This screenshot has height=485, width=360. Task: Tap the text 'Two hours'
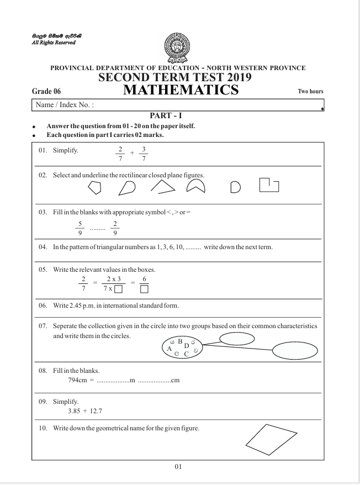pyautogui.click(x=310, y=91)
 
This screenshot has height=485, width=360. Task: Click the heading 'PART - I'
pyautogui.click(x=180, y=115)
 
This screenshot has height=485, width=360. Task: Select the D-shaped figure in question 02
pyautogui.click(x=235, y=189)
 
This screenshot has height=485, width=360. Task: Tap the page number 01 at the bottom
pyautogui.click(x=178, y=467)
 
